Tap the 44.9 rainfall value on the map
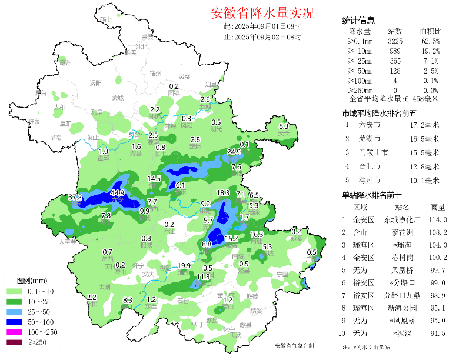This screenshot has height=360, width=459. (117, 192)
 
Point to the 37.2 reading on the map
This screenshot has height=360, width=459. (75, 196)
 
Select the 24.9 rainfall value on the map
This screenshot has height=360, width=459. (235, 152)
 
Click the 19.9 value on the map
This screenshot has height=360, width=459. (184, 265)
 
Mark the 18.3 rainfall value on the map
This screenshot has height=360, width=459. (223, 193)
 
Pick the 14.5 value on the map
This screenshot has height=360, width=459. (154, 178)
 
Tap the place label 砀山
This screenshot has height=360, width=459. (106, 20)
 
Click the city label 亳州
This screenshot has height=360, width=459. (65, 62)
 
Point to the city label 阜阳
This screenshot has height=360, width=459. (65, 124)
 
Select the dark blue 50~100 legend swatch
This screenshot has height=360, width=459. (15, 322)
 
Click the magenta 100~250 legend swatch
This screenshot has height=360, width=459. (15, 332)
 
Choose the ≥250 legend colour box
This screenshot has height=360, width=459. (15, 342)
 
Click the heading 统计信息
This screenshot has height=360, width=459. (359, 21)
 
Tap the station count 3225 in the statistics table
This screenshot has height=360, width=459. (395, 41)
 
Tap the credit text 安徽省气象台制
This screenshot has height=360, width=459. (294, 345)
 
